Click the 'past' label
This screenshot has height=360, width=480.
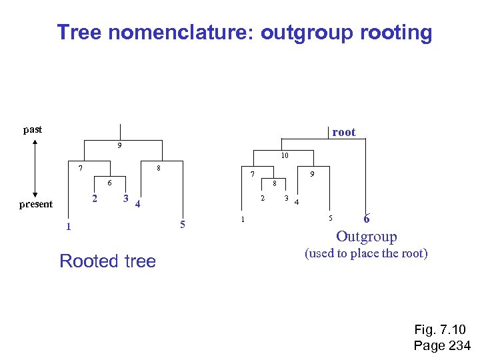(x=33, y=129)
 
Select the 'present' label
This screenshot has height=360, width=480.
(x=36, y=204)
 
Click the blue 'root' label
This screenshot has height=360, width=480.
(x=344, y=132)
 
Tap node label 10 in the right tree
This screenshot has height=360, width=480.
(x=284, y=156)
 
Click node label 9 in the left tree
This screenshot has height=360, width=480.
(x=119, y=146)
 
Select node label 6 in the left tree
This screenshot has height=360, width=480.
(x=110, y=183)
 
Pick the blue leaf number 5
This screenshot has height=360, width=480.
(x=183, y=223)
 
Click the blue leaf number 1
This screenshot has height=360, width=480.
(x=67, y=227)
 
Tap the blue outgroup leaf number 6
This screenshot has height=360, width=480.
(x=367, y=219)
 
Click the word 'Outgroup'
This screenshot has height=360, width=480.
(x=367, y=236)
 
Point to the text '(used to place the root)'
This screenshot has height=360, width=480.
(x=366, y=253)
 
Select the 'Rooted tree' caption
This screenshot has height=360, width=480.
(x=107, y=261)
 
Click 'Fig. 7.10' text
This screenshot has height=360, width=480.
(x=440, y=329)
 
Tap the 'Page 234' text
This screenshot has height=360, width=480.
(x=442, y=345)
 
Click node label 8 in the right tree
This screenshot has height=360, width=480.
(x=274, y=183)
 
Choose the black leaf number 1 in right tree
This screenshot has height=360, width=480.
(x=243, y=219)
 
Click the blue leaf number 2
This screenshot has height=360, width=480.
(x=95, y=199)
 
